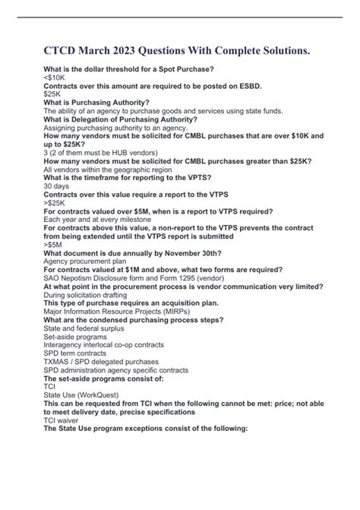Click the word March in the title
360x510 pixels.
[93, 52]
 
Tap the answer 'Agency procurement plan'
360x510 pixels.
[88, 261]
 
